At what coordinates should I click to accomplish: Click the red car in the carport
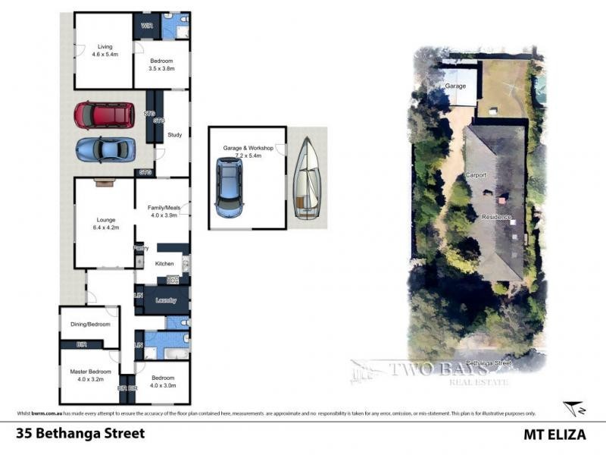click(x=104, y=116)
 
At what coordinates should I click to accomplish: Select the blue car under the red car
click(x=105, y=149)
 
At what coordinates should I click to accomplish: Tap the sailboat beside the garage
click(x=307, y=179)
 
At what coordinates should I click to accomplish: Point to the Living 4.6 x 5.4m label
click(x=105, y=51)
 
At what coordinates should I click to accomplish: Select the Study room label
click(x=175, y=135)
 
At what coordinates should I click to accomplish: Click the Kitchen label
click(x=164, y=263)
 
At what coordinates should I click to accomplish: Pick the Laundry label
click(x=166, y=300)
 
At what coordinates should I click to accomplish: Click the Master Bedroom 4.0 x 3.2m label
click(x=89, y=375)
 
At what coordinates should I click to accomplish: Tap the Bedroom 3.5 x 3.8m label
click(x=161, y=64)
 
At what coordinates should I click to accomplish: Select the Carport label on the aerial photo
click(x=476, y=175)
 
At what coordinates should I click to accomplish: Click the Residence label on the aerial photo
click(x=496, y=217)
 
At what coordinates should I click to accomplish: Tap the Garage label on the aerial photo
click(x=455, y=86)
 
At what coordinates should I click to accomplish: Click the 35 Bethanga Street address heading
click(x=80, y=435)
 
